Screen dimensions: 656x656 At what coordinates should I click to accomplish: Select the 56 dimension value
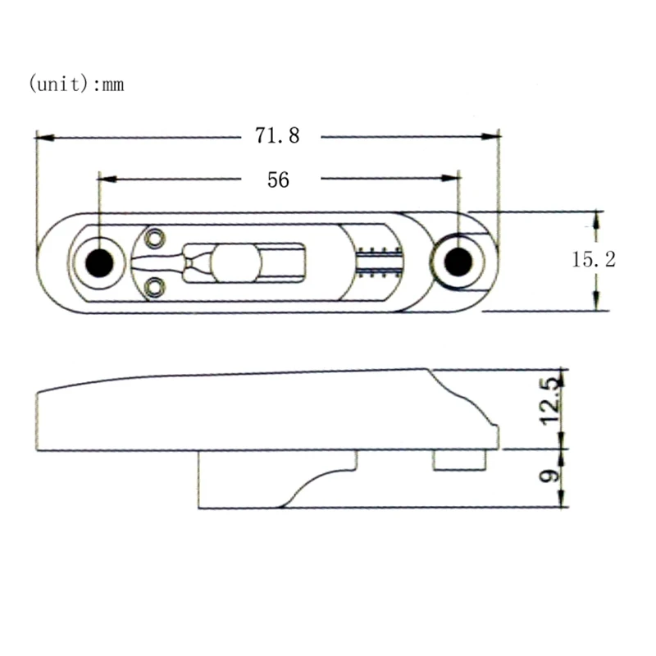[x=278, y=180]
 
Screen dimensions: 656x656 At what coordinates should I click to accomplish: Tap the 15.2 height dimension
[x=594, y=260]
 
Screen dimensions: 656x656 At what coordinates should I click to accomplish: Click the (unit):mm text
[x=76, y=84]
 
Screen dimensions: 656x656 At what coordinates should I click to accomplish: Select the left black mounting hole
[x=99, y=262]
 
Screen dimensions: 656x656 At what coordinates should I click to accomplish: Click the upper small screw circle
[x=153, y=239]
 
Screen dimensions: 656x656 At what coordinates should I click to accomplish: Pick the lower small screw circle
[x=153, y=285]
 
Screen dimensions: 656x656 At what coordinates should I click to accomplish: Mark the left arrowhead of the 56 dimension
[x=105, y=178]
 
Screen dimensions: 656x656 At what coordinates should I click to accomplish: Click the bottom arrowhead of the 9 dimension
[x=563, y=502]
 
